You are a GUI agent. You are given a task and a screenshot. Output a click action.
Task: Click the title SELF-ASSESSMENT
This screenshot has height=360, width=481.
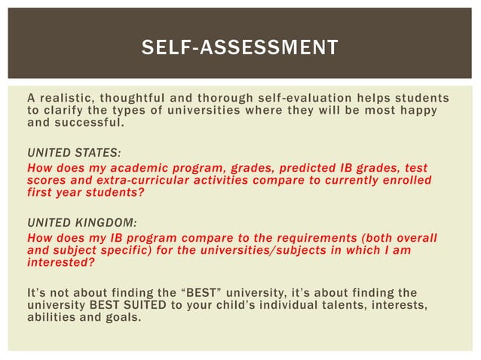[x=240, y=48]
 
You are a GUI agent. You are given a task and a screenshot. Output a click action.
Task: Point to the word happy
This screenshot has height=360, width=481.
[x=418, y=111]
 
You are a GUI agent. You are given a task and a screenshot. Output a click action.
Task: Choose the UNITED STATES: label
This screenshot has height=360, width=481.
[x=74, y=151]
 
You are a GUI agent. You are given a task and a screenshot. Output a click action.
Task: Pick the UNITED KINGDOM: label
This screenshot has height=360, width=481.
[x=82, y=223]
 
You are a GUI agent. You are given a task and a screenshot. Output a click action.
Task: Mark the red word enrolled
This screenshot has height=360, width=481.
[x=404, y=181]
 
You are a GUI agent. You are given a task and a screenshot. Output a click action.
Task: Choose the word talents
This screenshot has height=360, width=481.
[x=364, y=304]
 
